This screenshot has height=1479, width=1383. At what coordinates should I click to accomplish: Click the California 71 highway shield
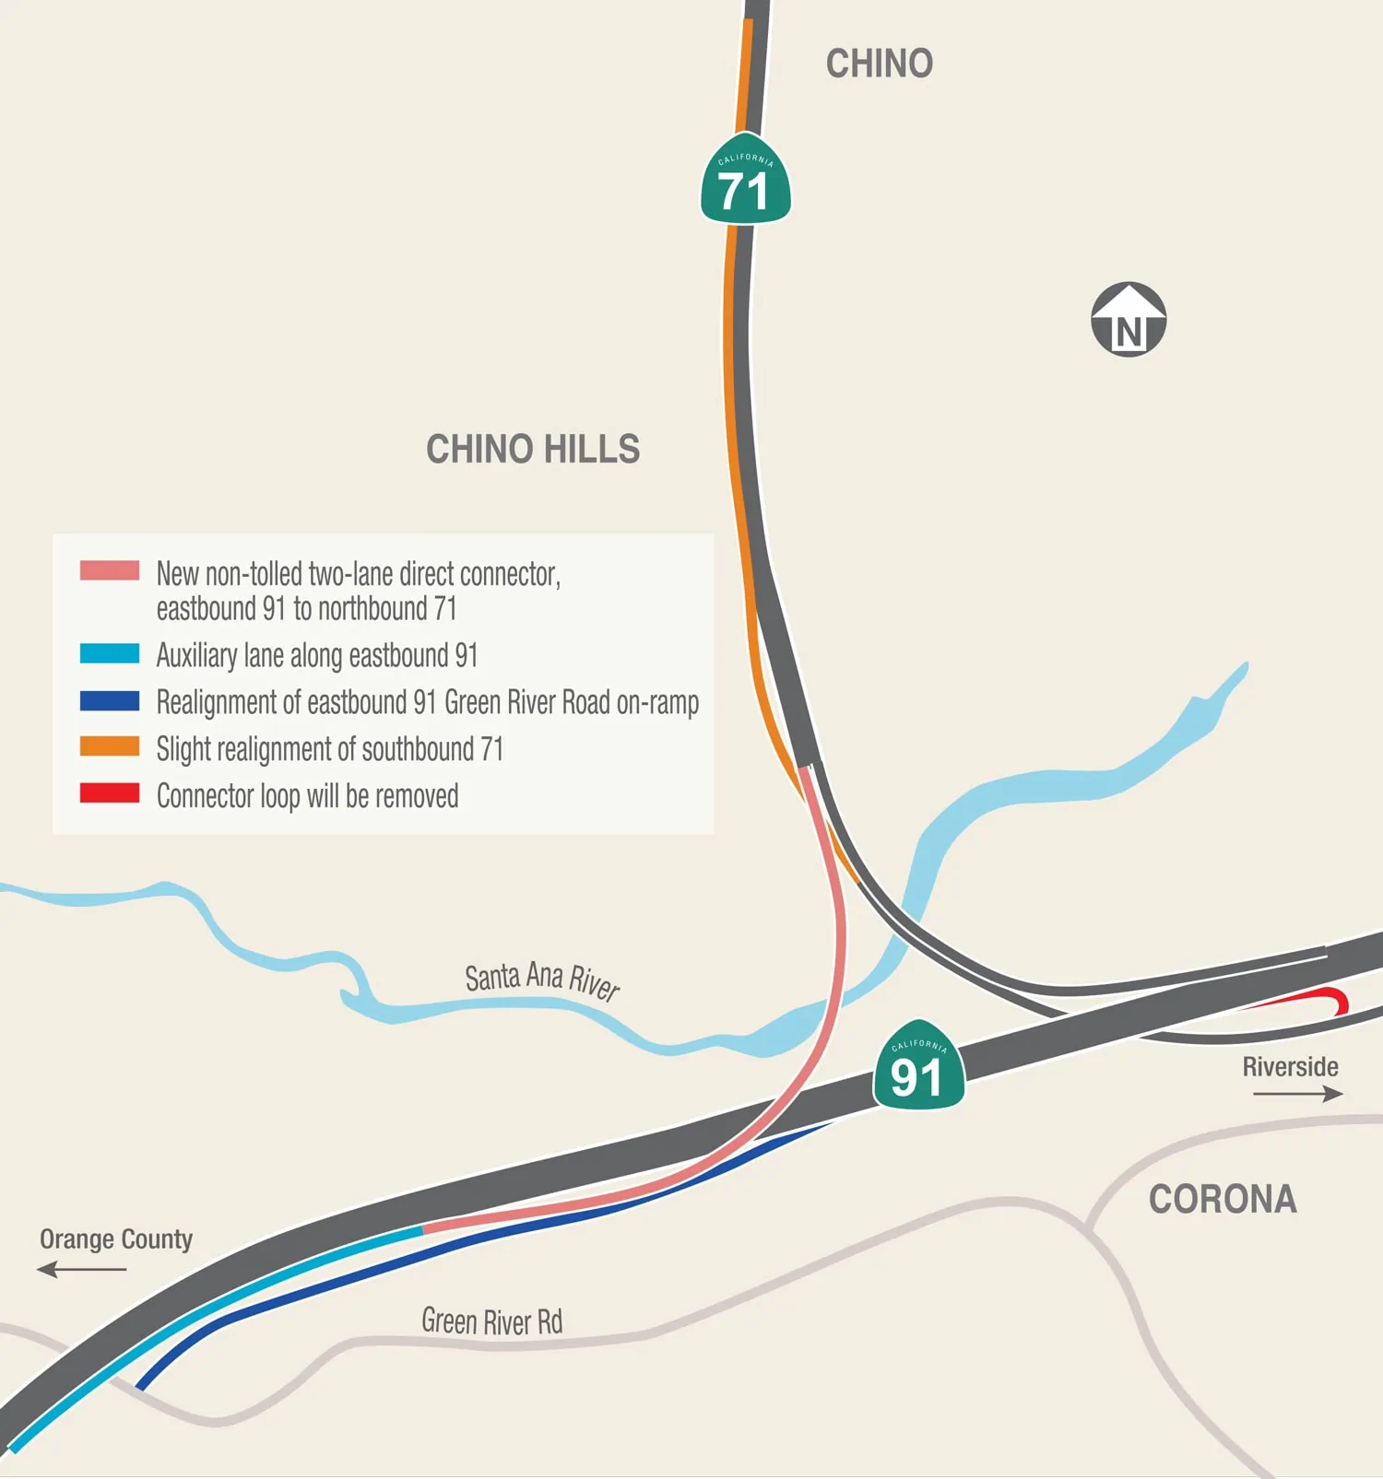click(745, 182)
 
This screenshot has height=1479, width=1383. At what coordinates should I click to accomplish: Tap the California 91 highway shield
click(918, 1067)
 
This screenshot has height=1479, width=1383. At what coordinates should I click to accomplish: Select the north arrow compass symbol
click(1129, 320)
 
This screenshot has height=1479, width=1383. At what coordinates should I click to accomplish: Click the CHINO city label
click(879, 64)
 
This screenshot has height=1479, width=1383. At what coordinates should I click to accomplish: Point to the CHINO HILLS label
click(532, 450)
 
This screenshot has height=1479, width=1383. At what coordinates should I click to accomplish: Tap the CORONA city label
click(1223, 1199)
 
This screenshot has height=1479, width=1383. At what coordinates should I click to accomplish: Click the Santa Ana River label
click(541, 980)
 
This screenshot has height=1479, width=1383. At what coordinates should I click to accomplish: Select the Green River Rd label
click(491, 1321)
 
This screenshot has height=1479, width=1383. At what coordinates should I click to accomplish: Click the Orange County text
click(116, 1239)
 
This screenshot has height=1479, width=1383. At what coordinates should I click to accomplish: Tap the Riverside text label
click(1290, 1067)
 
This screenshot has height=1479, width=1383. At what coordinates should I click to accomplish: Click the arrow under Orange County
click(82, 1270)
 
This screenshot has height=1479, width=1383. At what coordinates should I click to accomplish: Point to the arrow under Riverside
click(1297, 1094)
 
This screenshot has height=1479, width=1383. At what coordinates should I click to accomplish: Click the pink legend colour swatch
click(110, 570)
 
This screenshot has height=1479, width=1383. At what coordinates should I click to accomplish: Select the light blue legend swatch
click(110, 654)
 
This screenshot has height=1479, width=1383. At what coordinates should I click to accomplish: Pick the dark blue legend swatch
click(110, 701)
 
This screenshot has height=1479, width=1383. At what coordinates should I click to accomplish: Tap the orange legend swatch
click(110, 747)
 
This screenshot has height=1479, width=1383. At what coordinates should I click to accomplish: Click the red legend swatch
click(110, 793)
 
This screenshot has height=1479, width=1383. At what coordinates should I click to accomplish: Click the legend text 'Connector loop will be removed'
click(307, 795)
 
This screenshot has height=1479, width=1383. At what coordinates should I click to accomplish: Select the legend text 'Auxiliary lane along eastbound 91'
click(317, 655)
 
